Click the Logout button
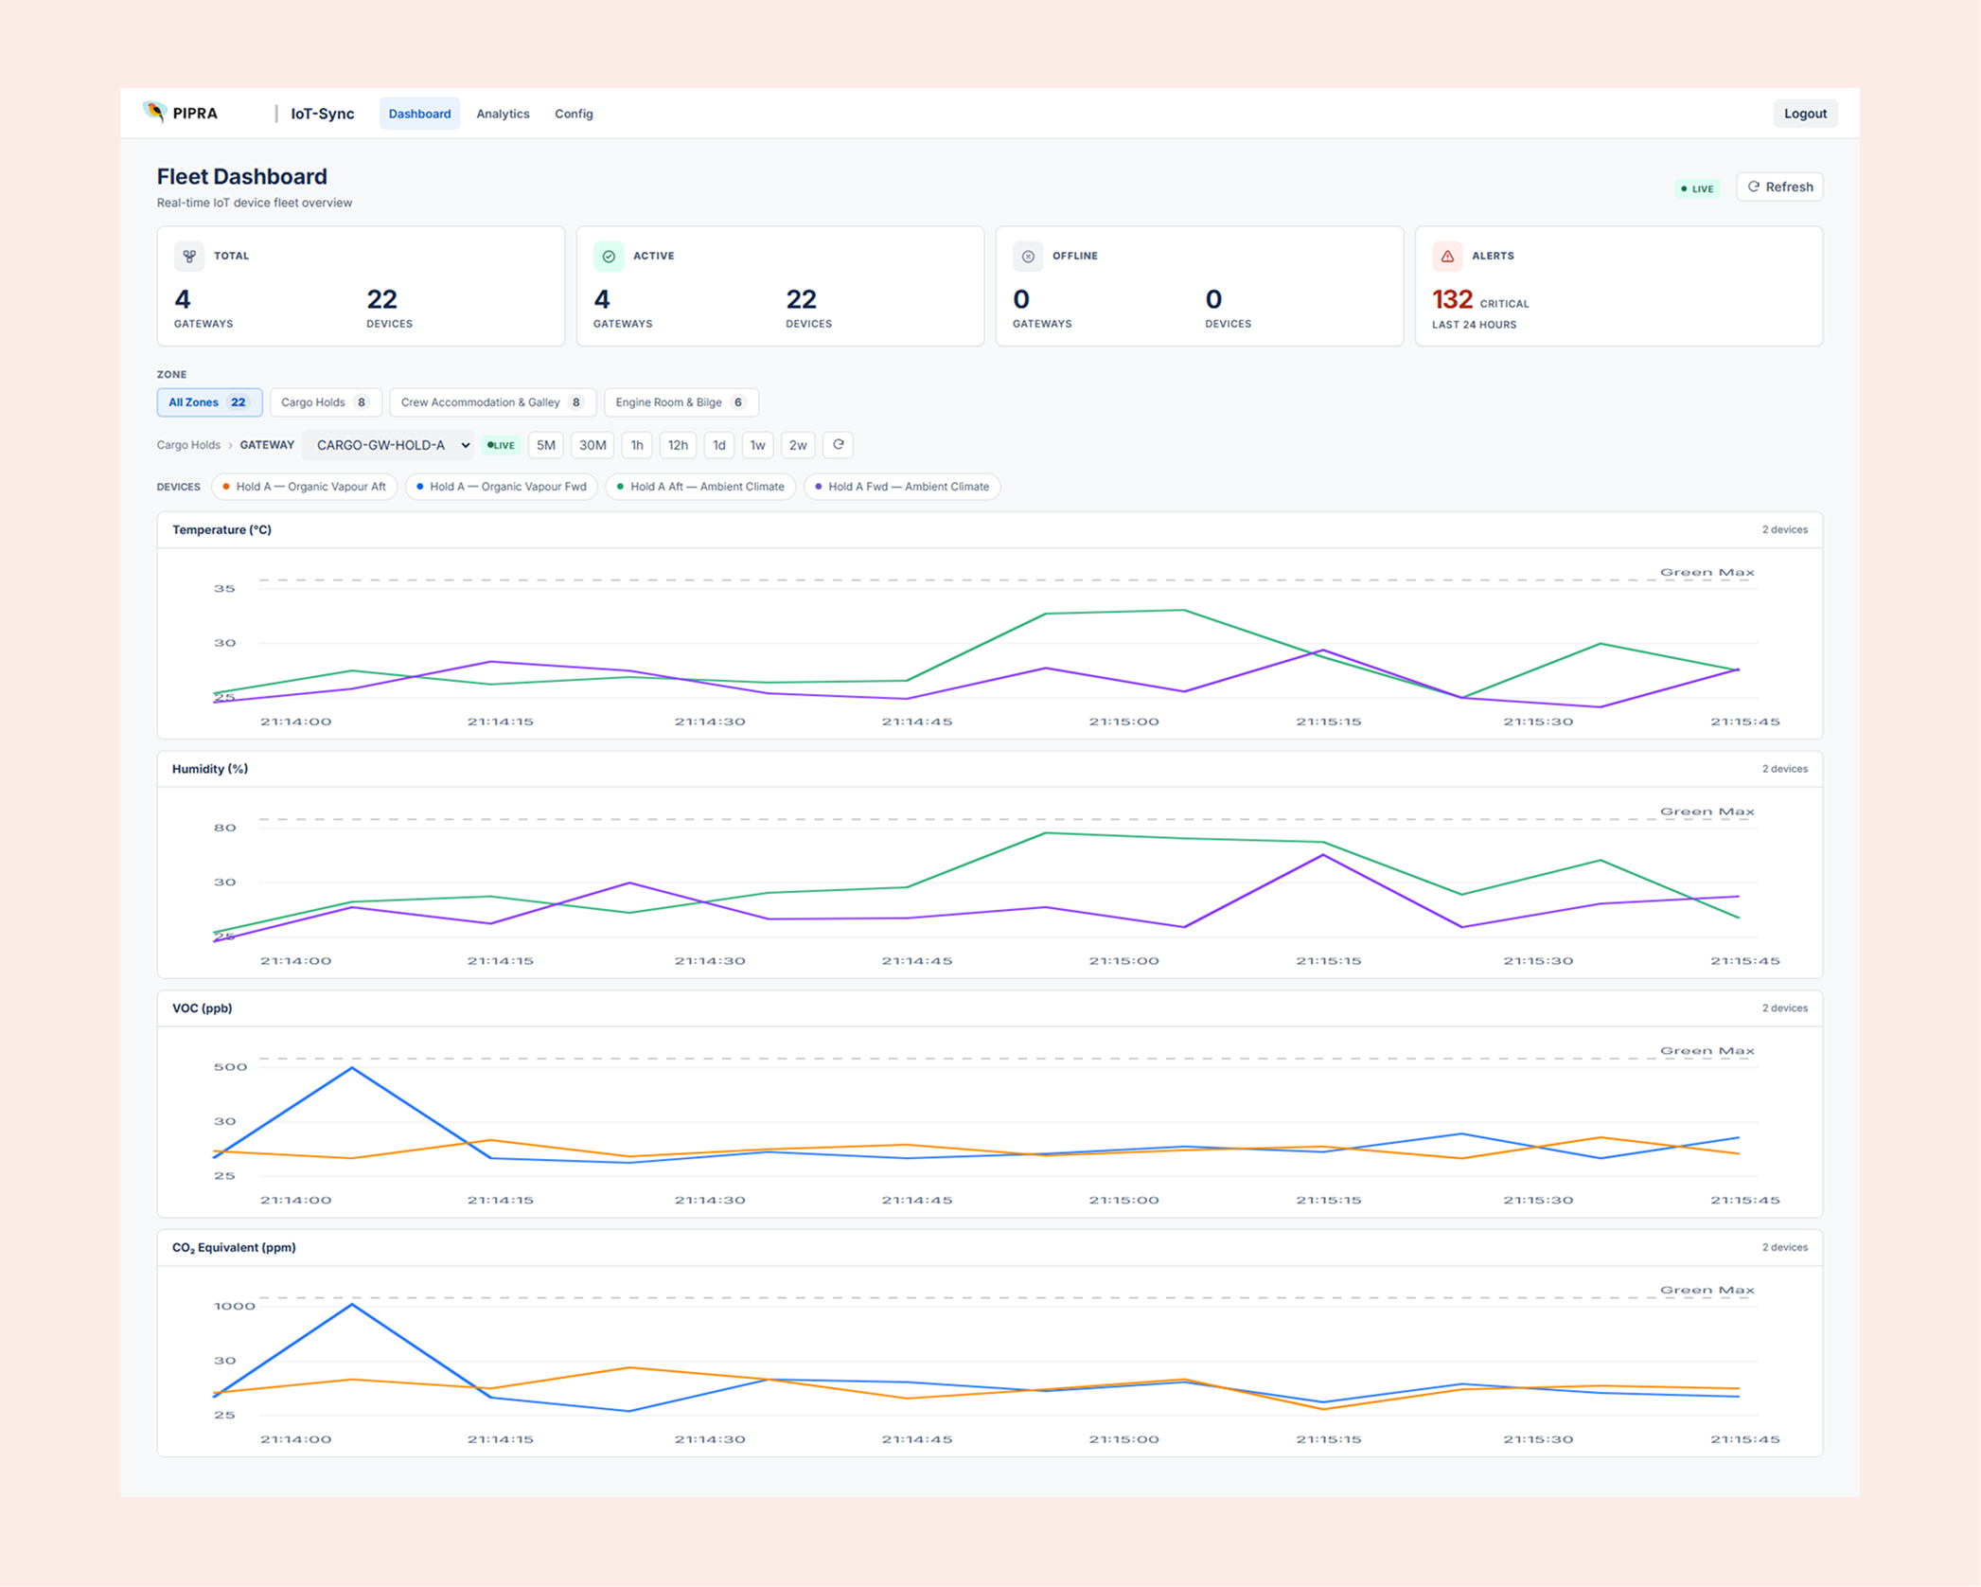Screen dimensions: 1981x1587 1804,114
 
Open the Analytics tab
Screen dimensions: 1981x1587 503,114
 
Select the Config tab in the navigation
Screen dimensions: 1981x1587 574,114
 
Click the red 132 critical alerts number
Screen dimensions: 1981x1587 1452,300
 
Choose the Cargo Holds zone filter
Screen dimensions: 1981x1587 326,402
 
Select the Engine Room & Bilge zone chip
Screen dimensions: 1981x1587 681,402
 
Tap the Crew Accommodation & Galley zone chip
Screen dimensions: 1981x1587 492,402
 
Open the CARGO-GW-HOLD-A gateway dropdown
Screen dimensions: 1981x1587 389,445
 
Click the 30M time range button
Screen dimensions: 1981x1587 593,445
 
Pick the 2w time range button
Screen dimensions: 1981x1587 798,445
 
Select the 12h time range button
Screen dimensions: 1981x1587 678,445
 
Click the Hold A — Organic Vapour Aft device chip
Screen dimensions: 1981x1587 305,487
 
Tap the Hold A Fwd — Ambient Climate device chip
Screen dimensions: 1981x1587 902,487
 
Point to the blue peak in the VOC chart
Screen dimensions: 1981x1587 353,1068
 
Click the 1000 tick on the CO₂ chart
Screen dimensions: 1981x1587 235,1307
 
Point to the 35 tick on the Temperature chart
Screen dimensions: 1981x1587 224,589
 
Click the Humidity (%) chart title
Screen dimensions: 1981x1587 210,769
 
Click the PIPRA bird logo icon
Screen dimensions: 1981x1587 154,112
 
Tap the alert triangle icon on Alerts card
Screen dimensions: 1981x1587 1447,256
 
